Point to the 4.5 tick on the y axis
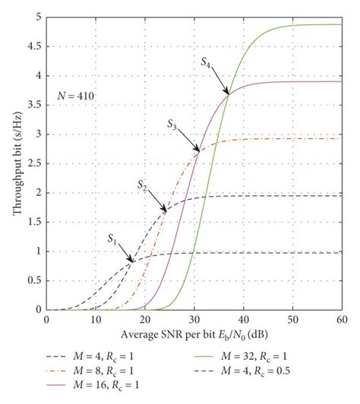tap(33, 46)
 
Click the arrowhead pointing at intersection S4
tap(227, 93)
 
